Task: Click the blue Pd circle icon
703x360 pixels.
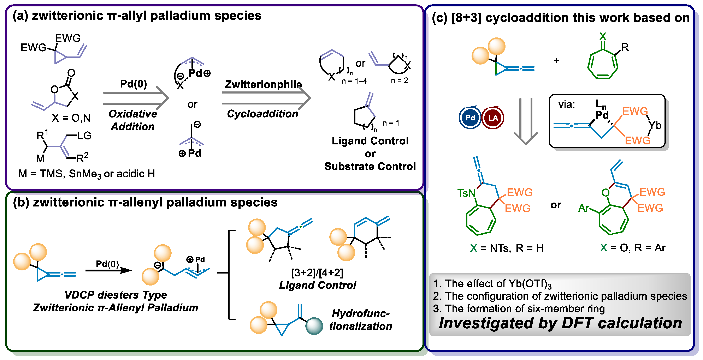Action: (x=470, y=118)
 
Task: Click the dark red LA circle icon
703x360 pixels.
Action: (x=493, y=118)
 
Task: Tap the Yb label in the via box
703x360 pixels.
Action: (x=655, y=125)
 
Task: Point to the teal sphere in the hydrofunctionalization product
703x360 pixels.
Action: (x=314, y=326)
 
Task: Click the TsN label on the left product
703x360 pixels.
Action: (x=466, y=193)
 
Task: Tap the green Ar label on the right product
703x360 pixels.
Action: (x=584, y=208)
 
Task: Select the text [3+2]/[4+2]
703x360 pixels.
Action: (x=317, y=272)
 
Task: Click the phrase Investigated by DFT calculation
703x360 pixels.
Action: (x=560, y=323)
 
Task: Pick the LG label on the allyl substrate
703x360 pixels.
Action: (x=84, y=136)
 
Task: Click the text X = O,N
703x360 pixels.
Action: (x=71, y=118)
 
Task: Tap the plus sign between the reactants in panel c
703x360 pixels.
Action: (x=556, y=60)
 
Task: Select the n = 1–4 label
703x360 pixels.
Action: (x=354, y=81)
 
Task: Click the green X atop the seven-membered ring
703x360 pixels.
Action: (x=603, y=36)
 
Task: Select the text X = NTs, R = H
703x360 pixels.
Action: (x=507, y=248)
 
